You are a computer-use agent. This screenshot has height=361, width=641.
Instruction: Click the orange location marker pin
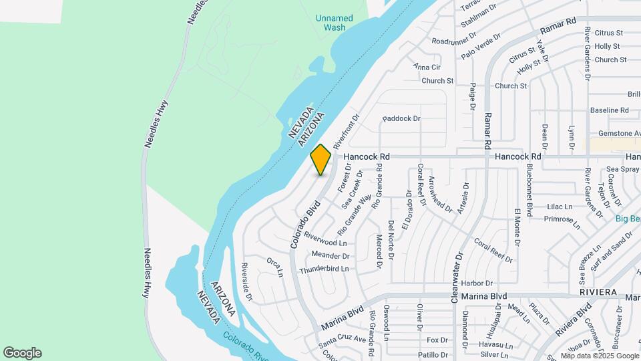[x=320, y=159]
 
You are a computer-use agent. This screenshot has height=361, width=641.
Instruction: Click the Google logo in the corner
[x=22, y=353]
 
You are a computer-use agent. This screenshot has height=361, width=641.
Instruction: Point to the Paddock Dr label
[x=401, y=118]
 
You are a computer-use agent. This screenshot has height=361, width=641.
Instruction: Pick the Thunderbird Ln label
[x=324, y=269]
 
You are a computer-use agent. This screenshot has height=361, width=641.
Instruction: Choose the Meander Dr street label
[x=331, y=255]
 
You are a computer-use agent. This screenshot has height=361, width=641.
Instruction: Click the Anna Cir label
[x=427, y=67]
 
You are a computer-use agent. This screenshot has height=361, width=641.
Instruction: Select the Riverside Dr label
[x=246, y=281]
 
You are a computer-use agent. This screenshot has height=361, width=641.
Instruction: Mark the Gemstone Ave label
[x=614, y=134]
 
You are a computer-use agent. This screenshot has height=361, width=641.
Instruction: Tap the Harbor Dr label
[x=476, y=283]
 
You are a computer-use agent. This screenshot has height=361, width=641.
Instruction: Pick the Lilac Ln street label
[x=559, y=207]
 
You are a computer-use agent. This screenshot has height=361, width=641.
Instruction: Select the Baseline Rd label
[x=609, y=110]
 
